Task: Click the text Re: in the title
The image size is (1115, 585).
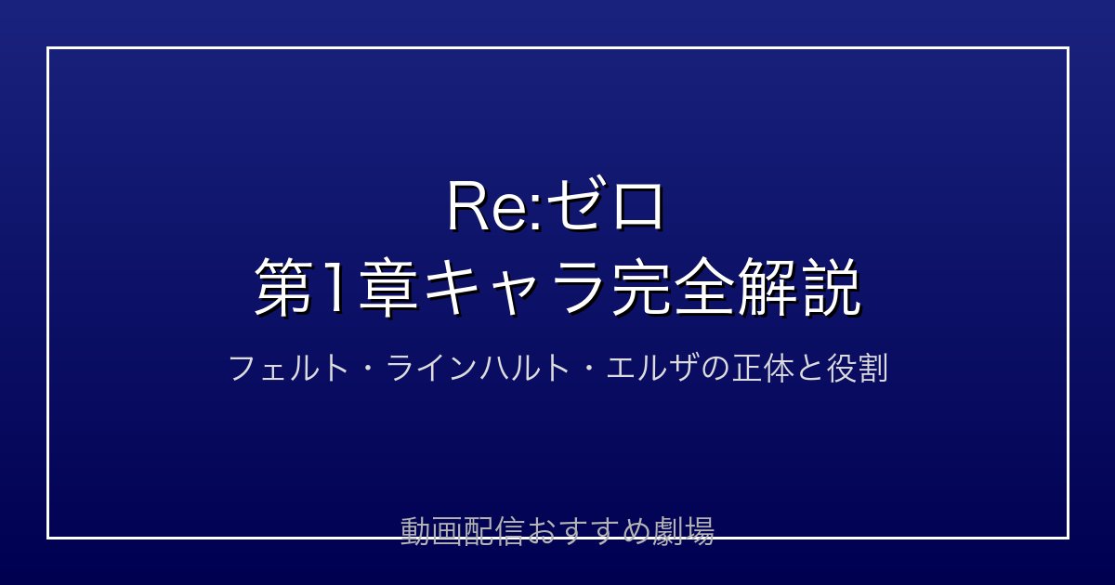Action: pos(495,207)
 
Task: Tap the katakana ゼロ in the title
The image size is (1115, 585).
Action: pos(606,206)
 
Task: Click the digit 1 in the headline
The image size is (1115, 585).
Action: pos(335,288)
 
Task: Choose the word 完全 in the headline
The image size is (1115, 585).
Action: pos(673,288)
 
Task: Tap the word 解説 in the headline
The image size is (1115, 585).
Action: pos(799,288)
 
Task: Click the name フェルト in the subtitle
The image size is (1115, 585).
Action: pos(289,368)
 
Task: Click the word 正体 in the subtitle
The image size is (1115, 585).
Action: pos(763,368)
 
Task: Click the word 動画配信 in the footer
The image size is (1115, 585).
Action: pos(462,531)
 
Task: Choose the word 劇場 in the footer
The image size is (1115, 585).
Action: pos(683,531)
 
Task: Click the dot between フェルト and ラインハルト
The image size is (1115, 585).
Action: pos(367,370)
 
